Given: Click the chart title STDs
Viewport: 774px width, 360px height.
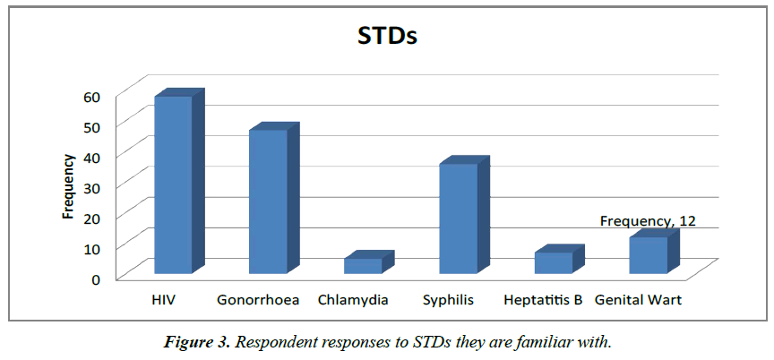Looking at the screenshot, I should (387, 38).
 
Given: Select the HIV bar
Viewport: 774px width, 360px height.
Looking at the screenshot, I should (173, 184).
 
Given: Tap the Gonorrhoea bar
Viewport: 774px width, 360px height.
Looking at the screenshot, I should (268, 201).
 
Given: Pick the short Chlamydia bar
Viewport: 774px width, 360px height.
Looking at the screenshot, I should (363, 266).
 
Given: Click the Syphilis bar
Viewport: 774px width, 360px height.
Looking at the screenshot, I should (458, 219).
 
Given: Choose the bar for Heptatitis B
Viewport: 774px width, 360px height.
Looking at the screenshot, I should (553, 262).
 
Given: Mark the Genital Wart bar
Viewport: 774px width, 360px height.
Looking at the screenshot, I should (648, 255).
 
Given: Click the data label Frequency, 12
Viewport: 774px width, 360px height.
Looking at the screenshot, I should (648, 220).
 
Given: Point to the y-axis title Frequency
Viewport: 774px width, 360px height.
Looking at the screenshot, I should (68, 186).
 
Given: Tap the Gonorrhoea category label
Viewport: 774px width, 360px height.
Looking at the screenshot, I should (258, 300).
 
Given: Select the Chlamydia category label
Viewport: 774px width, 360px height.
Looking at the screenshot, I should (353, 300).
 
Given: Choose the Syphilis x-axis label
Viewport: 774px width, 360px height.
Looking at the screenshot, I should (448, 300).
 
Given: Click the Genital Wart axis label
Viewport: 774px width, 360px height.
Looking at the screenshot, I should (638, 300).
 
